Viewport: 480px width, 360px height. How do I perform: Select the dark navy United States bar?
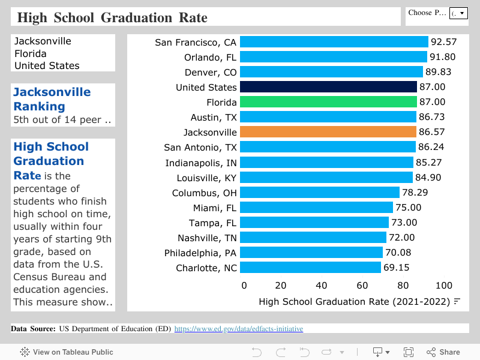328,87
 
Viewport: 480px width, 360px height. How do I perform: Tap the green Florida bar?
328,102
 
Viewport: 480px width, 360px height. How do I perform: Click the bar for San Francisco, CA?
334,42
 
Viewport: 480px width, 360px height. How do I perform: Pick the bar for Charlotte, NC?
310,268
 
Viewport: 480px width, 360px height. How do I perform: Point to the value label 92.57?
444,42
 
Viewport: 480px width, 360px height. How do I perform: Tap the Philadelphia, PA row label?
200,253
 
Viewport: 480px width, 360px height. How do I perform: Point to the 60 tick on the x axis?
362,286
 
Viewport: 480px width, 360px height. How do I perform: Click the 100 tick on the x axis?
444,286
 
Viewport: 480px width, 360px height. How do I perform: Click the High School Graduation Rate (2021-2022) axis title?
354,302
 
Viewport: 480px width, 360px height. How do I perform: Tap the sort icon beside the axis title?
457,301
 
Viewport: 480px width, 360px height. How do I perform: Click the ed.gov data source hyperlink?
238,329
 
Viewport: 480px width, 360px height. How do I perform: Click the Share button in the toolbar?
443,352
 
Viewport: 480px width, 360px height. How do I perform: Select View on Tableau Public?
67,352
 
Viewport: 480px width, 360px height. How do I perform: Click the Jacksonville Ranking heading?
52,99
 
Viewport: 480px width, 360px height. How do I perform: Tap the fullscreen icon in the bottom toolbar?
409,352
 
